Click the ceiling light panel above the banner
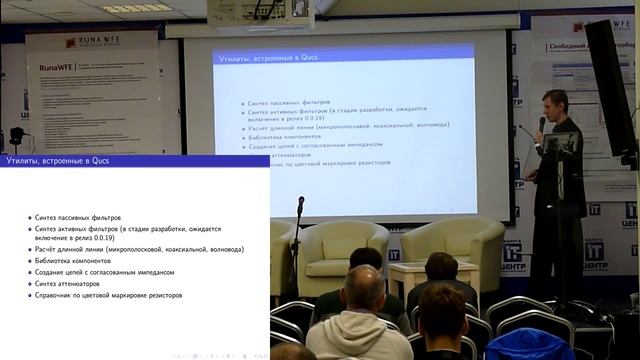click(136, 8)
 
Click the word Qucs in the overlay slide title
click(98, 161)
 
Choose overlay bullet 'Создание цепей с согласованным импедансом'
click(104, 272)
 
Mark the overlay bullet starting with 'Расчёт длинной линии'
click(138, 249)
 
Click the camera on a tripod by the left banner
click(16, 135)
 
